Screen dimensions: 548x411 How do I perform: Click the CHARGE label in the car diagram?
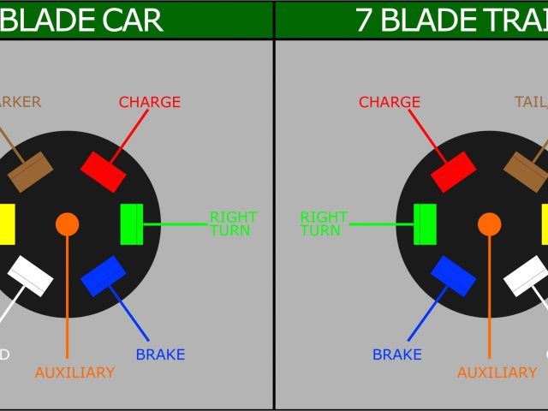click(150, 103)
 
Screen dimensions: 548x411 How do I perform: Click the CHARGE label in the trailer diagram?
click(390, 103)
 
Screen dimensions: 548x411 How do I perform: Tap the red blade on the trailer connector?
click(453, 172)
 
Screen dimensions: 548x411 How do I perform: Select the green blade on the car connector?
click(132, 224)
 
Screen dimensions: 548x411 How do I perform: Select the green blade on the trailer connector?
click(425, 224)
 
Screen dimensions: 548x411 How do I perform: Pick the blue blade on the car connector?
click(104, 276)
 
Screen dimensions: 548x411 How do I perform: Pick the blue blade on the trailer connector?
click(453, 276)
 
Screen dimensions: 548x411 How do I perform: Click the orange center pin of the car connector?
click(67, 224)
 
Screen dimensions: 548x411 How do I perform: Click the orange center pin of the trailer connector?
click(490, 224)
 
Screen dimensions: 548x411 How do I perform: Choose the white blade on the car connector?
click(31, 276)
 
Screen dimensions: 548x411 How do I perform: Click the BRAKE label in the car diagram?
click(160, 354)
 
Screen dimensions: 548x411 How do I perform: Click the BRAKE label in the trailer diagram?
click(396, 354)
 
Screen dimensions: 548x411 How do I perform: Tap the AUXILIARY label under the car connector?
click(74, 373)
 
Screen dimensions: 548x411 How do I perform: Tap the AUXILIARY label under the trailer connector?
click(497, 373)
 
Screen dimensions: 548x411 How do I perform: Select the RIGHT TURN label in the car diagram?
click(233, 224)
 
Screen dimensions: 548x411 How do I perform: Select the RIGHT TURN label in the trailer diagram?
click(323, 224)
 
